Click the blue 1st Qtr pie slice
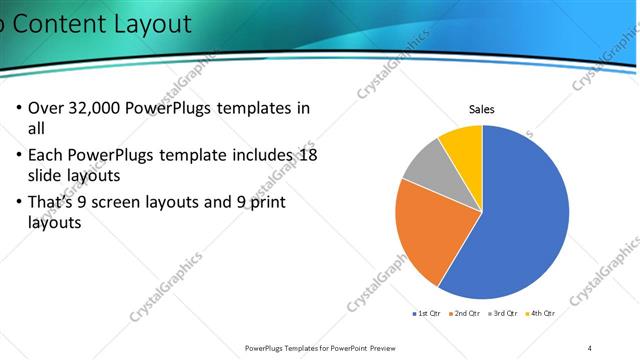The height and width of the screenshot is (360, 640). coord(520,220)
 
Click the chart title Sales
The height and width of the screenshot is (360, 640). coord(482,109)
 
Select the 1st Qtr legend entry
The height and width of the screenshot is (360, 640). coord(429,313)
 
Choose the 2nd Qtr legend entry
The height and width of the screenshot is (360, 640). coord(466,313)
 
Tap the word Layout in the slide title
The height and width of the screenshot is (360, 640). coord(150,23)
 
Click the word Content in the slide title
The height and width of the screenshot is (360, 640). coord(60,23)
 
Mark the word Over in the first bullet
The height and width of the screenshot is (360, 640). coord(47,108)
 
